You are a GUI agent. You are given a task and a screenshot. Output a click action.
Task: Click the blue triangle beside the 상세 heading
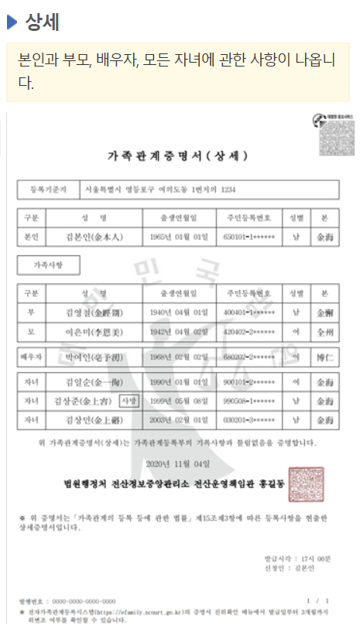pos(12,22)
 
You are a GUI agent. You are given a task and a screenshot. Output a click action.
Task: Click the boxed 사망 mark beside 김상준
pos(129,401)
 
